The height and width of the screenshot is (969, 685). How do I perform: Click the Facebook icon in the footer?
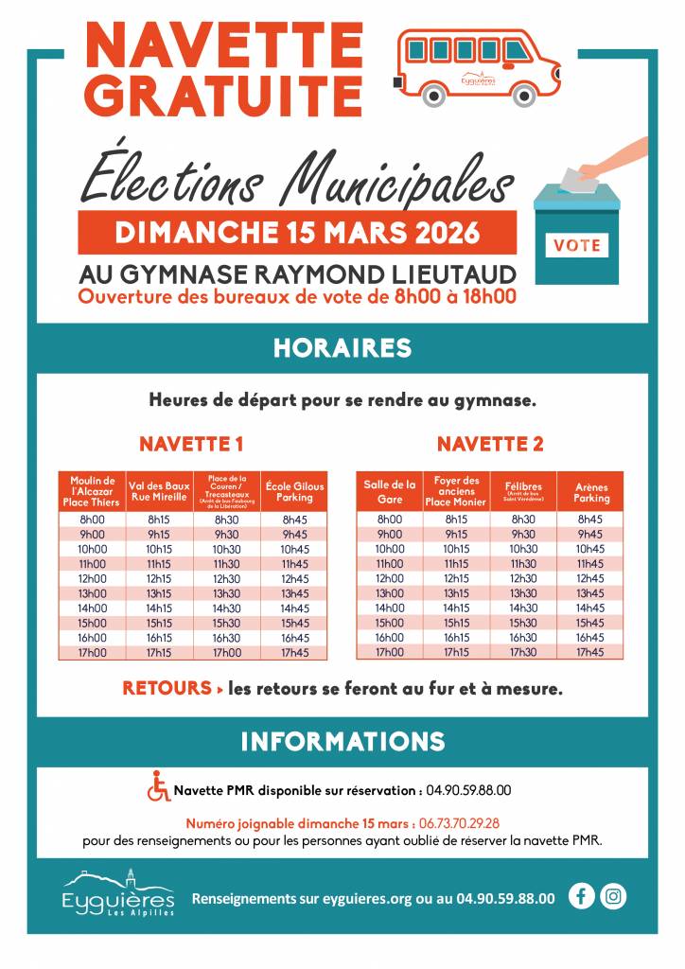tap(582, 896)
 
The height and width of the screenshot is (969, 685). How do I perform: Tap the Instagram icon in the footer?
tap(613, 896)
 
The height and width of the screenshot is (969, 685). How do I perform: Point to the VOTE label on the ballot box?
tap(577, 244)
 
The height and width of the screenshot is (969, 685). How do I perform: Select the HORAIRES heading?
tap(342, 347)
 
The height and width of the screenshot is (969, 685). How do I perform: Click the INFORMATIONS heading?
tap(342, 741)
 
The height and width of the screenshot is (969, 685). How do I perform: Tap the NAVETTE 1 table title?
tap(192, 444)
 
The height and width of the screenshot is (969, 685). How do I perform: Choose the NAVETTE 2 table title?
tap(490, 444)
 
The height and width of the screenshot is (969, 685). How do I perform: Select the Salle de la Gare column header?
tap(390, 492)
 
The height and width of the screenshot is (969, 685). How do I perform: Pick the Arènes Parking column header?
tap(591, 492)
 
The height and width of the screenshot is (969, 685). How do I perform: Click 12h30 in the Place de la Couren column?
tap(227, 578)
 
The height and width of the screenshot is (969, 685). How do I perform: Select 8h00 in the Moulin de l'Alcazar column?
tap(93, 520)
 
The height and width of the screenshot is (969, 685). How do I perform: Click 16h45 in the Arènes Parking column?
tap(589, 637)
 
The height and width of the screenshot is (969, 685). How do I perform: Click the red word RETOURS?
tap(167, 689)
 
